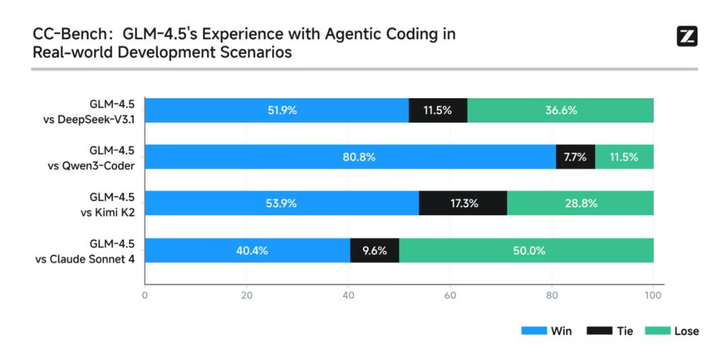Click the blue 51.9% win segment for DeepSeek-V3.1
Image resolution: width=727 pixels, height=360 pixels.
(277, 110)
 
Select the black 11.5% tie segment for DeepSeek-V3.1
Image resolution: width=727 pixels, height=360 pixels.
(438, 110)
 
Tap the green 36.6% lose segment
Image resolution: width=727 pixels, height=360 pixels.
(560, 110)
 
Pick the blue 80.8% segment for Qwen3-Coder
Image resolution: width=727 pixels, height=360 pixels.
(350, 157)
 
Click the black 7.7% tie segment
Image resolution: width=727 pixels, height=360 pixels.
(575, 157)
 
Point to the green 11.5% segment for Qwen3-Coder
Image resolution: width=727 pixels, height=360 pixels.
(624, 157)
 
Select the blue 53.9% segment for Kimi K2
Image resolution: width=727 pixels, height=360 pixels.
(281, 203)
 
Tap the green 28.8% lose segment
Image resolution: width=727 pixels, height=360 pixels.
(580, 203)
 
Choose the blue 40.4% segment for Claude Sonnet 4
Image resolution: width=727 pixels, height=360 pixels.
(247, 250)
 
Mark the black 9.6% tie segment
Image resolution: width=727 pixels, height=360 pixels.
(374, 250)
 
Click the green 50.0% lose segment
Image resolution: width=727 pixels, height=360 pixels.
(526, 250)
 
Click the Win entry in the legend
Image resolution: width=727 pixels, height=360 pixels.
(547, 331)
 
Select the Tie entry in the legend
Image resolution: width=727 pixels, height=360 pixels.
(609, 331)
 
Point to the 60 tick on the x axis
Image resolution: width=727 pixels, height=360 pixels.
(450, 295)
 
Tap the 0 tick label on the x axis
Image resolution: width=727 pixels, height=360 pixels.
(145, 295)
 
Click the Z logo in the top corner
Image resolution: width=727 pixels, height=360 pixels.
(686, 36)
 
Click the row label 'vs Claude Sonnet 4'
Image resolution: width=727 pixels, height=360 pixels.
(90, 258)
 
